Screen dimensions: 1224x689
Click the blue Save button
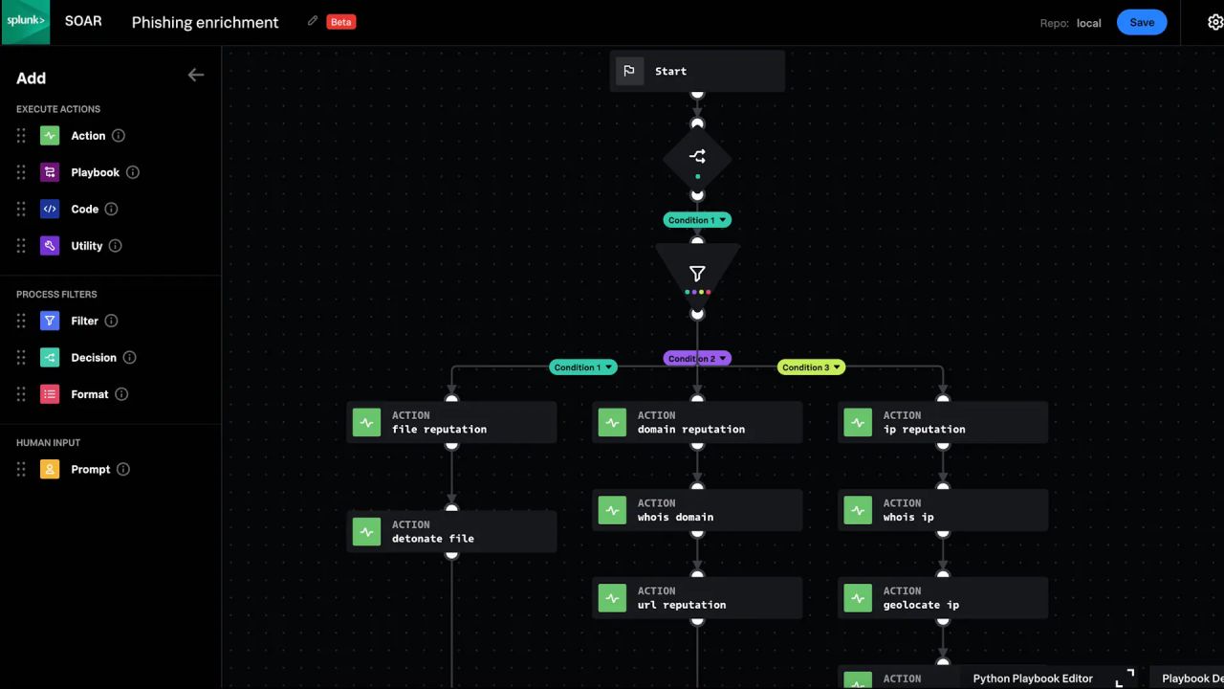[1142, 22]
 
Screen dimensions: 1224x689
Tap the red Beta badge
[341, 22]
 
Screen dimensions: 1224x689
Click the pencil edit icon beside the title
[313, 21]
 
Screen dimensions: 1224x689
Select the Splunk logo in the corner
[26, 22]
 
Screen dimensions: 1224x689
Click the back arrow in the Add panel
[196, 75]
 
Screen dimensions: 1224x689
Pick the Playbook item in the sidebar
[95, 172]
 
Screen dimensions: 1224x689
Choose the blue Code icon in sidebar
[50, 209]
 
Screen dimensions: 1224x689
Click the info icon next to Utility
[115, 246]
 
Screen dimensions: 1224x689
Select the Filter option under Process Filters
[84, 321]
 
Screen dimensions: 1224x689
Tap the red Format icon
[50, 394]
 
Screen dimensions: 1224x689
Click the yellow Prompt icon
[50, 469]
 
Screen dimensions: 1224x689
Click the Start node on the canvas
[697, 71]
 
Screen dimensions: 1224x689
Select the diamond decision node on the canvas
[697, 159]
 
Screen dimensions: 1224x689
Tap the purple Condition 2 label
[697, 359]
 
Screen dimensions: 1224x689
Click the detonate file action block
[451, 531]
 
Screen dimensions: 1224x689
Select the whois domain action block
[697, 510]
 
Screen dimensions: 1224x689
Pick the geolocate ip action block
[943, 598]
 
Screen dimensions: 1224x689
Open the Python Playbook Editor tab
[1033, 678]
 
